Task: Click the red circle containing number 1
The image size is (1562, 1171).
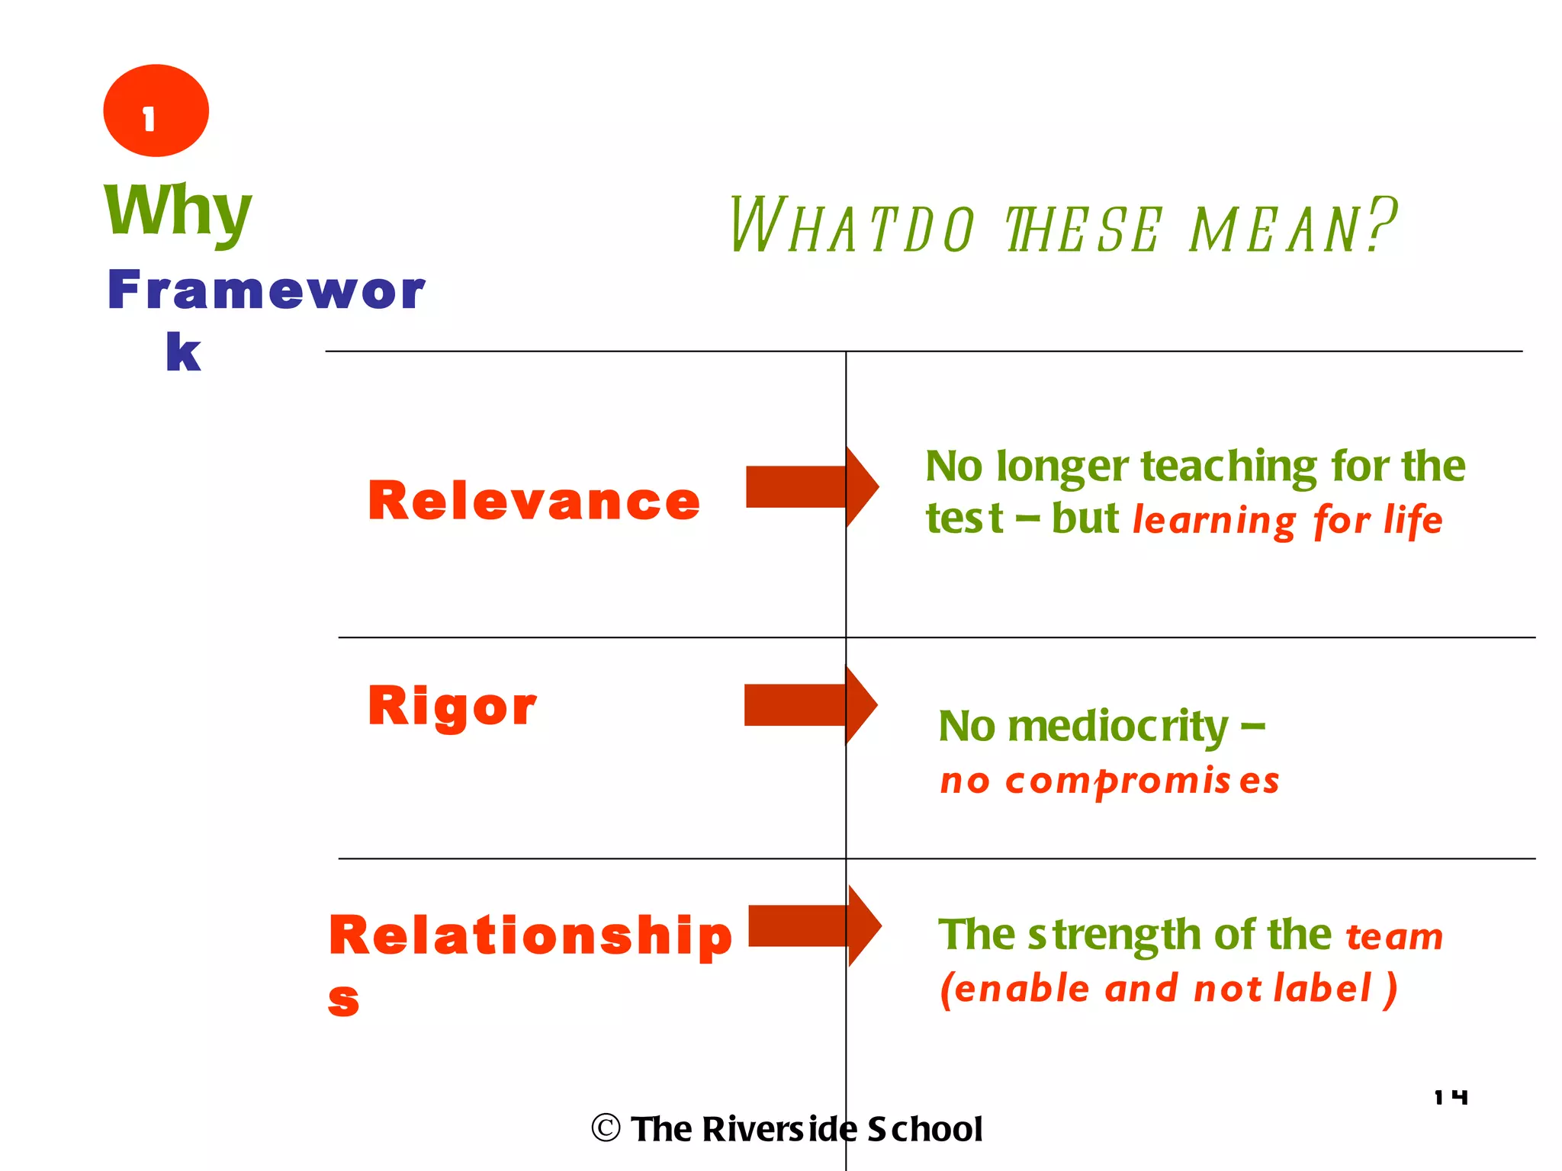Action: click(156, 111)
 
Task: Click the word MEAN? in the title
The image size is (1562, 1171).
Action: click(1293, 226)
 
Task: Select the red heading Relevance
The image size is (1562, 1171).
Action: click(533, 502)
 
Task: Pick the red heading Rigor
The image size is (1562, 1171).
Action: click(452, 706)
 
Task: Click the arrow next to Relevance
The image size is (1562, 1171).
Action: click(812, 486)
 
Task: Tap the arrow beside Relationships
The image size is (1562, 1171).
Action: click(814, 926)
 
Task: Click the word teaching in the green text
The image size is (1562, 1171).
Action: click(1229, 467)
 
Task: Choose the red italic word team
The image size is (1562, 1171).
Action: click(1394, 937)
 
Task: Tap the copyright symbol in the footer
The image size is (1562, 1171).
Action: click(606, 1128)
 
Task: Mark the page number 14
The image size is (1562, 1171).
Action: click(1451, 1097)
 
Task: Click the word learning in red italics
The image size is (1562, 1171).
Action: click(1213, 521)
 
